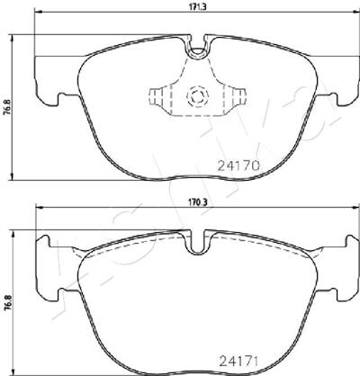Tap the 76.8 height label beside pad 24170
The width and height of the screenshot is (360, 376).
click(8, 107)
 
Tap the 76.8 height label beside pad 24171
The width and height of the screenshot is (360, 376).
click(8, 302)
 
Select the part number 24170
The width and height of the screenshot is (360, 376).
click(238, 166)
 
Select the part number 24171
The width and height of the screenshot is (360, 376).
click(238, 362)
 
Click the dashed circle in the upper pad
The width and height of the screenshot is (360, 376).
click(197, 96)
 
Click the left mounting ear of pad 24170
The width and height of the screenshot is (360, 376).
click(48, 81)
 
